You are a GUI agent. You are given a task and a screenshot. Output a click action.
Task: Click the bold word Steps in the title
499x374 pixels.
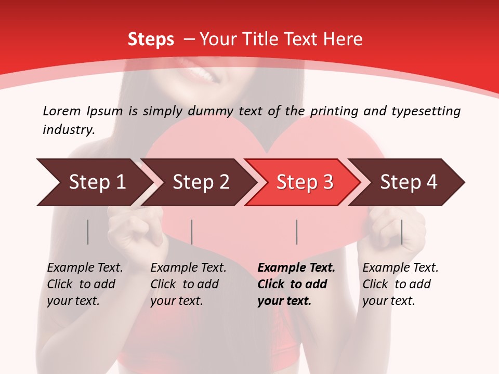click(x=151, y=39)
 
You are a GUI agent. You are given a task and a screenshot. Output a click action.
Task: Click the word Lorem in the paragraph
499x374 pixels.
click(x=61, y=111)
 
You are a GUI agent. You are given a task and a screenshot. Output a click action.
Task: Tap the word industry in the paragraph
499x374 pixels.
click(x=68, y=129)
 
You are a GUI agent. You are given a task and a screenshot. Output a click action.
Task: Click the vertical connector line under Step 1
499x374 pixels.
click(x=87, y=232)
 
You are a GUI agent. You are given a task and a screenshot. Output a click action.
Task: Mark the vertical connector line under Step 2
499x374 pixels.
click(x=192, y=232)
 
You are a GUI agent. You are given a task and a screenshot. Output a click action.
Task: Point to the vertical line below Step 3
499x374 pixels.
click(x=296, y=232)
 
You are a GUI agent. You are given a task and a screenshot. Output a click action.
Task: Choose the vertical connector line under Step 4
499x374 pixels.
click(x=401, y=232)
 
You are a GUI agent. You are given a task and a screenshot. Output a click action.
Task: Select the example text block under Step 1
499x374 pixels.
click(x=85, y=284)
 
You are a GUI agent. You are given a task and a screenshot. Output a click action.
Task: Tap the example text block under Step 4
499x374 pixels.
click(x=400, y=284)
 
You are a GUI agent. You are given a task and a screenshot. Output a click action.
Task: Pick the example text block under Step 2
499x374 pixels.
click(x=188, y=284)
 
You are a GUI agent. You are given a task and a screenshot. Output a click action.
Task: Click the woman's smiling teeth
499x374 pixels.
click(x=203, y=76)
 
